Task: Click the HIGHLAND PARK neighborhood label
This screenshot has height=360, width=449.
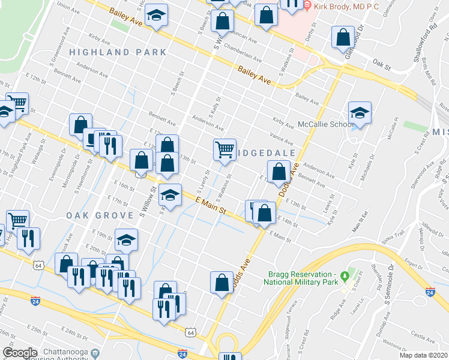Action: tap(118, 52)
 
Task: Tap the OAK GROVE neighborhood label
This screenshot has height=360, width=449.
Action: tap(100, 215)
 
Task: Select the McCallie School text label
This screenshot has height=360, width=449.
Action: tap(325, 125)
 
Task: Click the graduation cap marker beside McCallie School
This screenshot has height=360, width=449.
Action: tap(360, 113)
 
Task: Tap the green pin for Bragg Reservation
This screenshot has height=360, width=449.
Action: tap(345, 277)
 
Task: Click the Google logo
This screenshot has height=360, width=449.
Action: tap(20, 353)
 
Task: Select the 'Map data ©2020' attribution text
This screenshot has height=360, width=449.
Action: tap(423, 355)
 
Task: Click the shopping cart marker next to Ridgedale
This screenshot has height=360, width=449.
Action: tap(224, 149)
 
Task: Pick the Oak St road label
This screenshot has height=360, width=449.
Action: tap(381, 62)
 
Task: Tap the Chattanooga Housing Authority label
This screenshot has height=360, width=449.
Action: tap(68, 353)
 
